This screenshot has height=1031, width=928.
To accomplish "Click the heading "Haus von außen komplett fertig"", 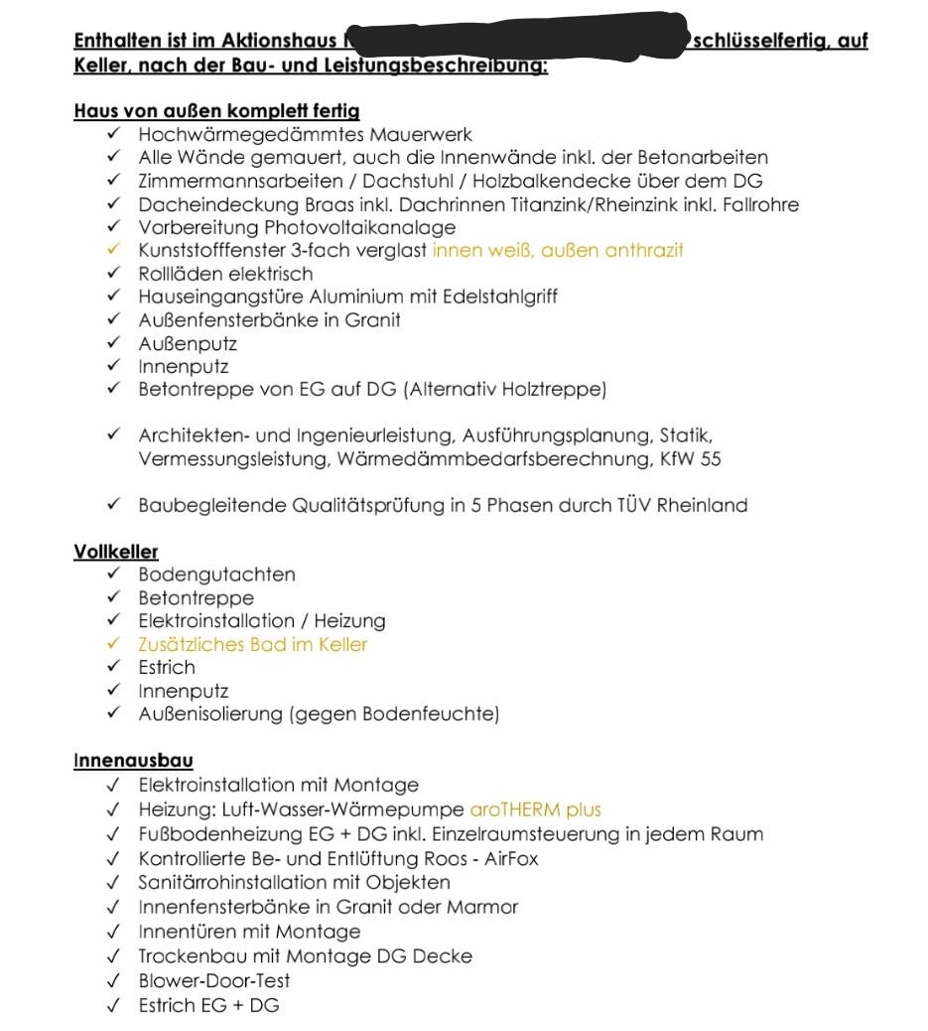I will pos(216,111).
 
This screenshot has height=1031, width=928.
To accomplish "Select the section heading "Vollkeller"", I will pos(116,552).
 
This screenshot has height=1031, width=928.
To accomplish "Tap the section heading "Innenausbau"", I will pos(133,761).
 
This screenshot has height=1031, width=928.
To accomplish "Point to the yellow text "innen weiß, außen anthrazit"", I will pos(558,251).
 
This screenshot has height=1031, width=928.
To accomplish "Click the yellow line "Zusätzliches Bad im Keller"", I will pos(253,645).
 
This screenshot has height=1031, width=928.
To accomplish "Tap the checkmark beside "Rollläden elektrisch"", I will pos(115,274).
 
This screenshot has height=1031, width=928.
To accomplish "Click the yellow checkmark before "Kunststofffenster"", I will pos(115,250).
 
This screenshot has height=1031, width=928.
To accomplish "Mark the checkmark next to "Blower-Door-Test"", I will pos(115,980).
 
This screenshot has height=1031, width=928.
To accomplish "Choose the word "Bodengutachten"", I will pos(216,575).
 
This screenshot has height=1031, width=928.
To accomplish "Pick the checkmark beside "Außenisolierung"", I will pos(115,714).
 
